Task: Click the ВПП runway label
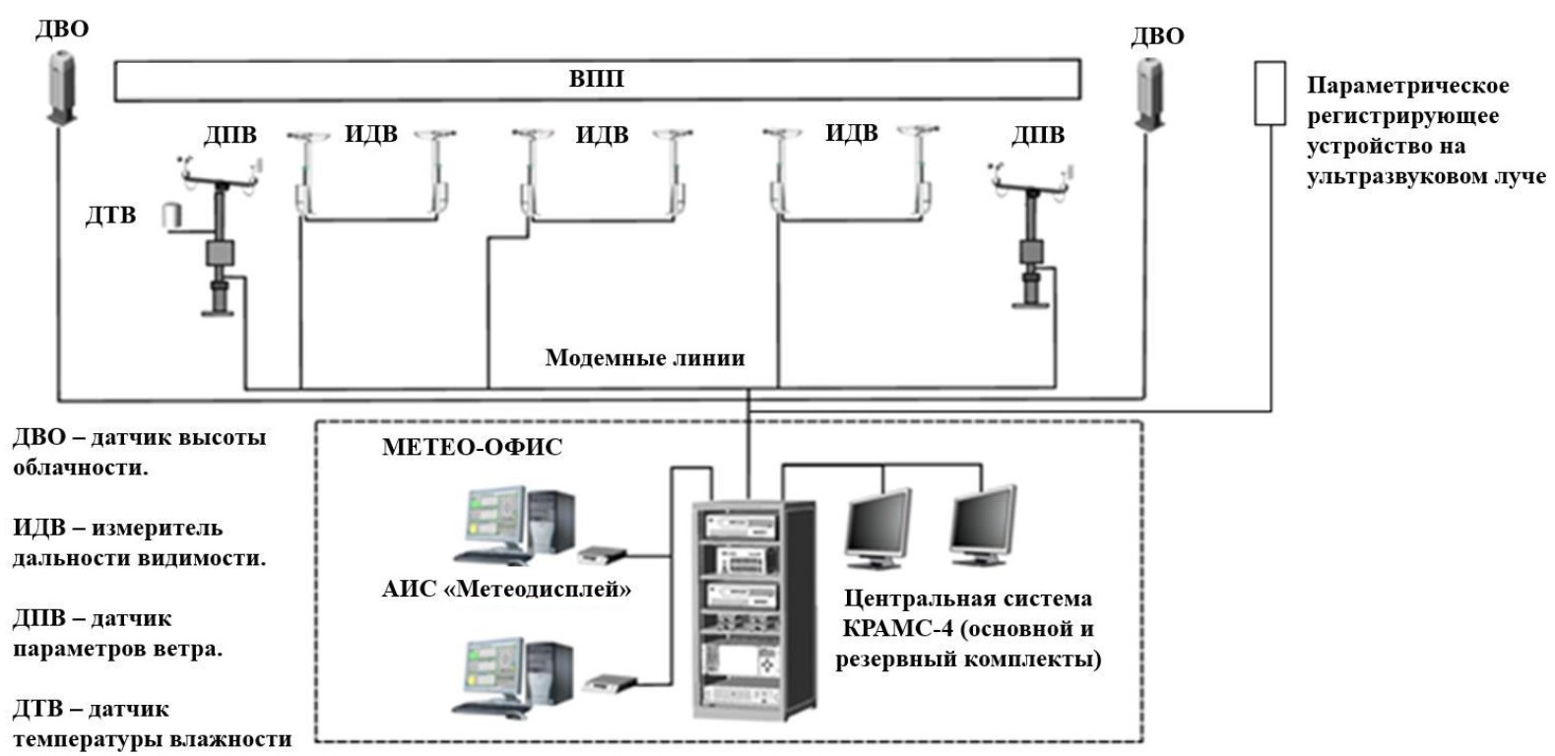597,79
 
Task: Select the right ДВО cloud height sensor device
1148,94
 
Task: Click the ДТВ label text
110,215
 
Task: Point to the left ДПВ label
229,135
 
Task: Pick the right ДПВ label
1038,135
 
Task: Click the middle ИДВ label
602,135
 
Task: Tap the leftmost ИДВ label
370,134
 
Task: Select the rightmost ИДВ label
851,133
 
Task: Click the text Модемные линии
645,357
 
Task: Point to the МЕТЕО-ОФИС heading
472,447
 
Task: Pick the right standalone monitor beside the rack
982,526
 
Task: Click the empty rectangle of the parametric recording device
1269,94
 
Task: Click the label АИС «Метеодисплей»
506,590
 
